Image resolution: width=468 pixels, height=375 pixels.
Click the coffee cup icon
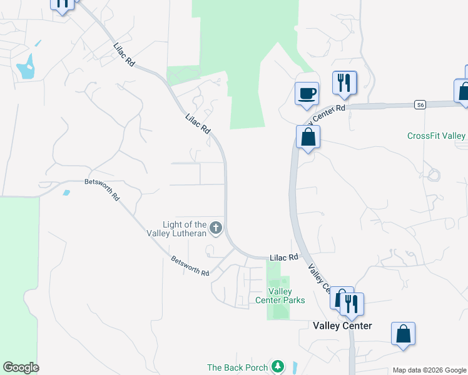tap(307, 94)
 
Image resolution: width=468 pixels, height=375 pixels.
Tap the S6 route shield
tap(420, 105)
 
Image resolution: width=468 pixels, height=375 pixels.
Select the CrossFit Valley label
tap(437, 136)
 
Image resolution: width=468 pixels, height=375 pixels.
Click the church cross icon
tap(216, 228)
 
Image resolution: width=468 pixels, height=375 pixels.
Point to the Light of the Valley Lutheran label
tap(184, 229)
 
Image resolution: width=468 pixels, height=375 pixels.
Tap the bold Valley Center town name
tap(342, 326)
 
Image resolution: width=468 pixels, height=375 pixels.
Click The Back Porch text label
tap(238, 367)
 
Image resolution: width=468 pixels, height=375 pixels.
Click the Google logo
tap(21, 367)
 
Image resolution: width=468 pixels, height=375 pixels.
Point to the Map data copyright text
tap(429, 370)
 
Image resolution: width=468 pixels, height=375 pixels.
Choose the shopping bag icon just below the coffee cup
tap(308, 137)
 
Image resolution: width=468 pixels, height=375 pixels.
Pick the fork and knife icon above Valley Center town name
tap(351, 304)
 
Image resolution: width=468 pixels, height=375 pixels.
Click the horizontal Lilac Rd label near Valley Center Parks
tap(284, 257)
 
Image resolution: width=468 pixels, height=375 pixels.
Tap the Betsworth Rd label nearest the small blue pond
tap(102, 189)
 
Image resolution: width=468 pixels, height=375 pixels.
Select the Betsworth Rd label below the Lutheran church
tap(190, 266)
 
